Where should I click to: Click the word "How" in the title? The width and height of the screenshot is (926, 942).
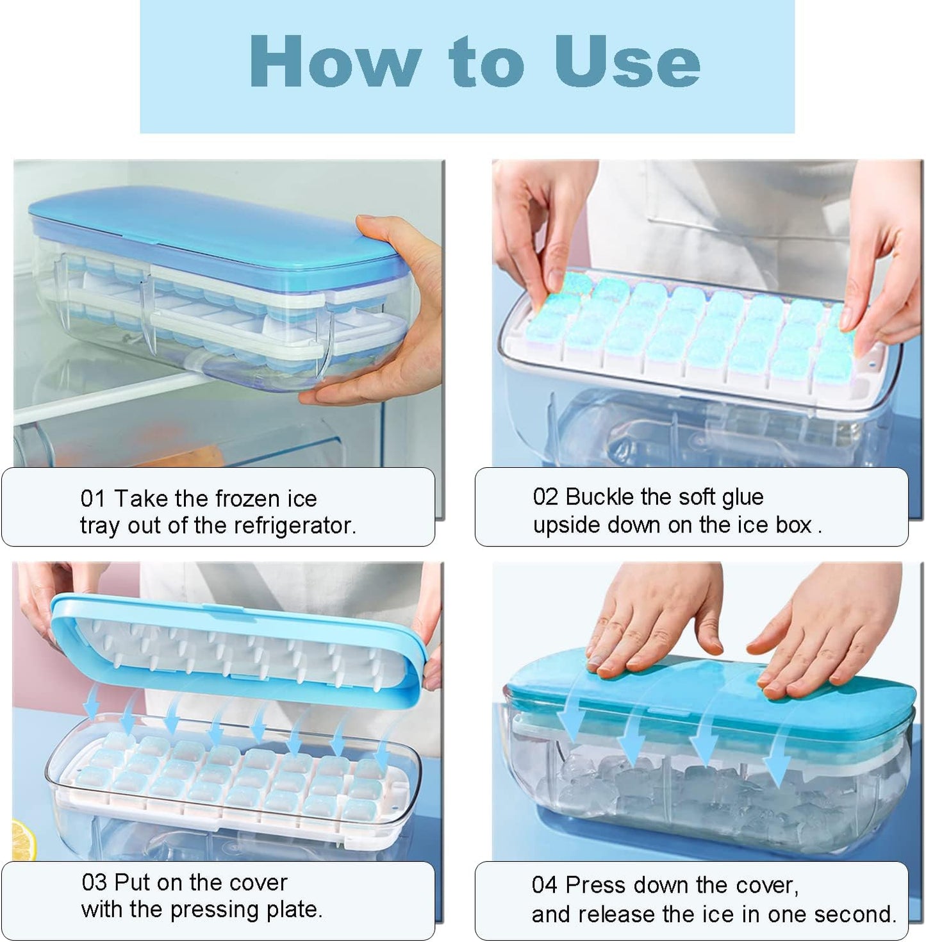click(335, 62)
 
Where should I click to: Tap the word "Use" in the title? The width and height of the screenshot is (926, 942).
click(627, 62)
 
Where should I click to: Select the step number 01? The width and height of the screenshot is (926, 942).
click(92, 499)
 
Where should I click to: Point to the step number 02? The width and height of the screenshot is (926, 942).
click(545, 497)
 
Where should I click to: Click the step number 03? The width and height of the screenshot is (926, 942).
click(94, 883)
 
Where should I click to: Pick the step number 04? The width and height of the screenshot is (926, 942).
click(544, 886)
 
